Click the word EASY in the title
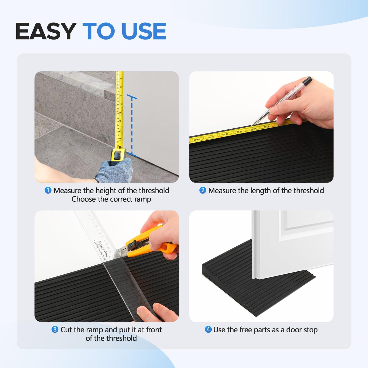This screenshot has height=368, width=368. coord(46,31)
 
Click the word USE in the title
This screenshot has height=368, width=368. coord(144,31)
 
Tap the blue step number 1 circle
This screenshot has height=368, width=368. coord(48,190)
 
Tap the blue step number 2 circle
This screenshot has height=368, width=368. coord(203,190)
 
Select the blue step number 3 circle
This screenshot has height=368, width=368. coord(55,330)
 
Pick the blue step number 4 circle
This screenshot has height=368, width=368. coord(208,330)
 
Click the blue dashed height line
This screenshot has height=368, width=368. coord(132,125)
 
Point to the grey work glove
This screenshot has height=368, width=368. coord(115,171)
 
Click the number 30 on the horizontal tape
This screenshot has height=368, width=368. coord(253,129)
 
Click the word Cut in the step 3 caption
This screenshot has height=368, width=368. coord(66,330)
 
